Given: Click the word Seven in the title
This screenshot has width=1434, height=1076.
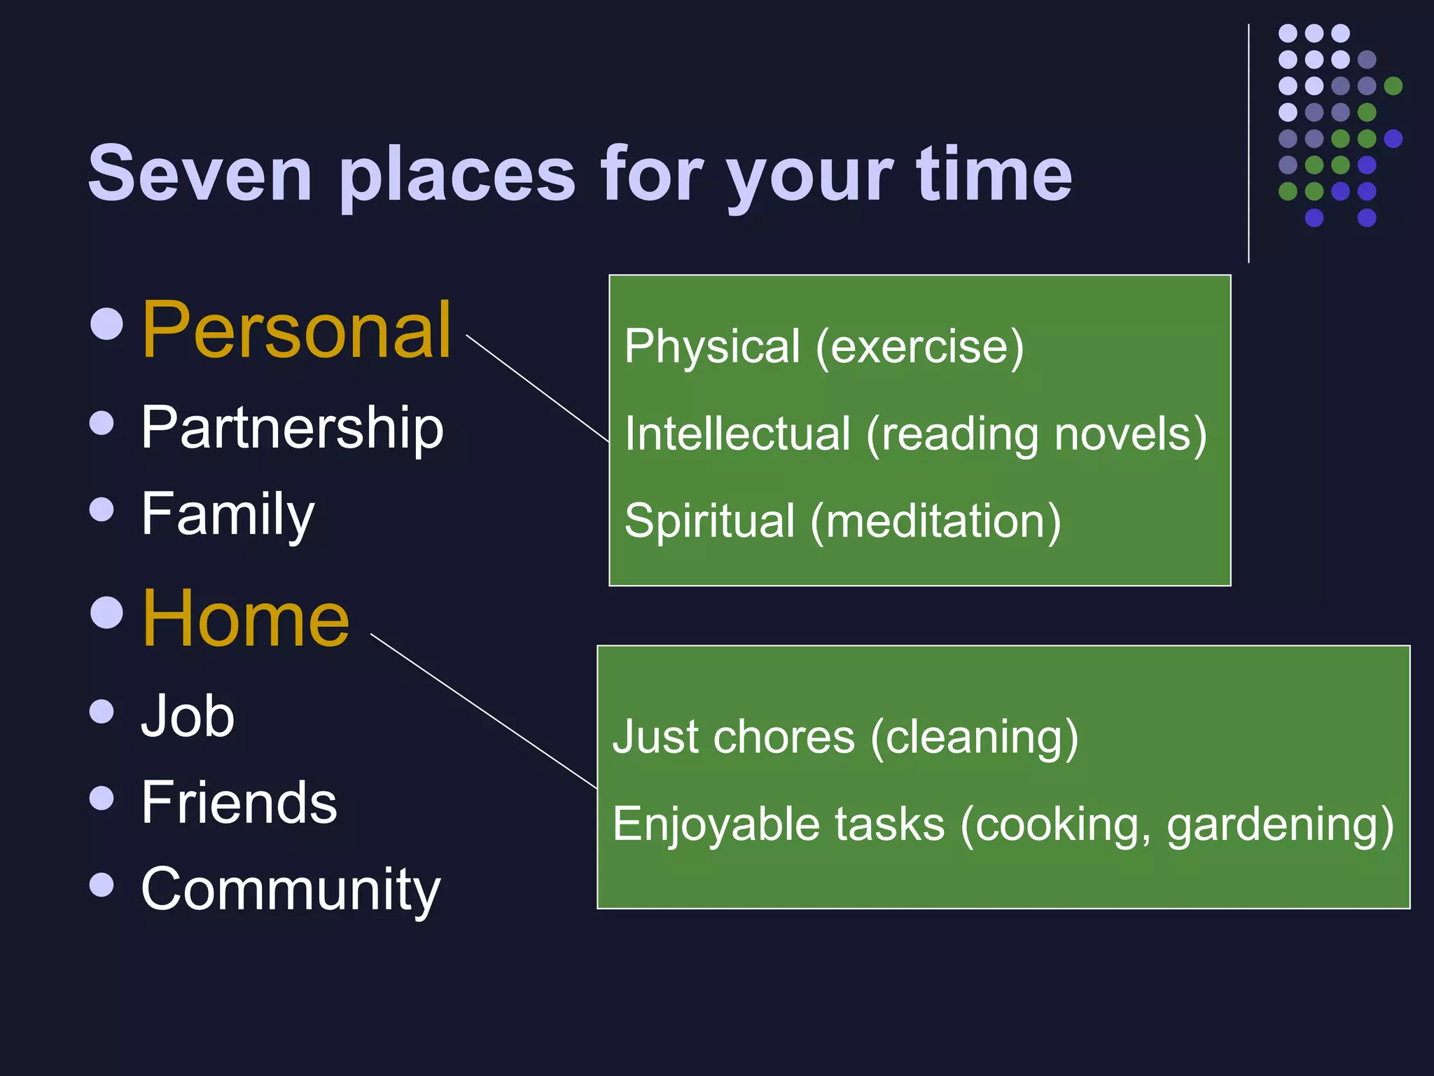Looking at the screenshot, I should pyautogui.click(x=200, y=174).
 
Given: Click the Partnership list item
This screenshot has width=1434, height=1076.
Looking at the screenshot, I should pyautogui.click(x=292, y=429).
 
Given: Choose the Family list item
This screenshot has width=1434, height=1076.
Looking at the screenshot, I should pyautogui.click(x=228, y=515).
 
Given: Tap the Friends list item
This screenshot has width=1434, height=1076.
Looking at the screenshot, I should pyautogui.click(x=239, y=803).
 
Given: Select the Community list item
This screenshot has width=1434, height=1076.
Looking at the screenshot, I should pyautogui.click(x=291, y=890).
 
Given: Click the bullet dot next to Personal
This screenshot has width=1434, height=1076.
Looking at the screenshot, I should pyautogui.click(x=106, y=323).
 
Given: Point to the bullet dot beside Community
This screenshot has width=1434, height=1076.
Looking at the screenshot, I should pyautogui.click(x=102, y=884).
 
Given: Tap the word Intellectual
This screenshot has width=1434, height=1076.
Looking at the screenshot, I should pyautogui.click(x=737, y=434).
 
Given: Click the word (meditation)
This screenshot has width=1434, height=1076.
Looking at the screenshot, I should pyautogui.click(x=935, y=521).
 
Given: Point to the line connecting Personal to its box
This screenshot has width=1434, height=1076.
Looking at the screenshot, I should pyautogui.click(x=538, y=389).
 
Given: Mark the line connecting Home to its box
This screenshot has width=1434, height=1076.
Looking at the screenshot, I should pyautogui.click(x=483, y=711).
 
